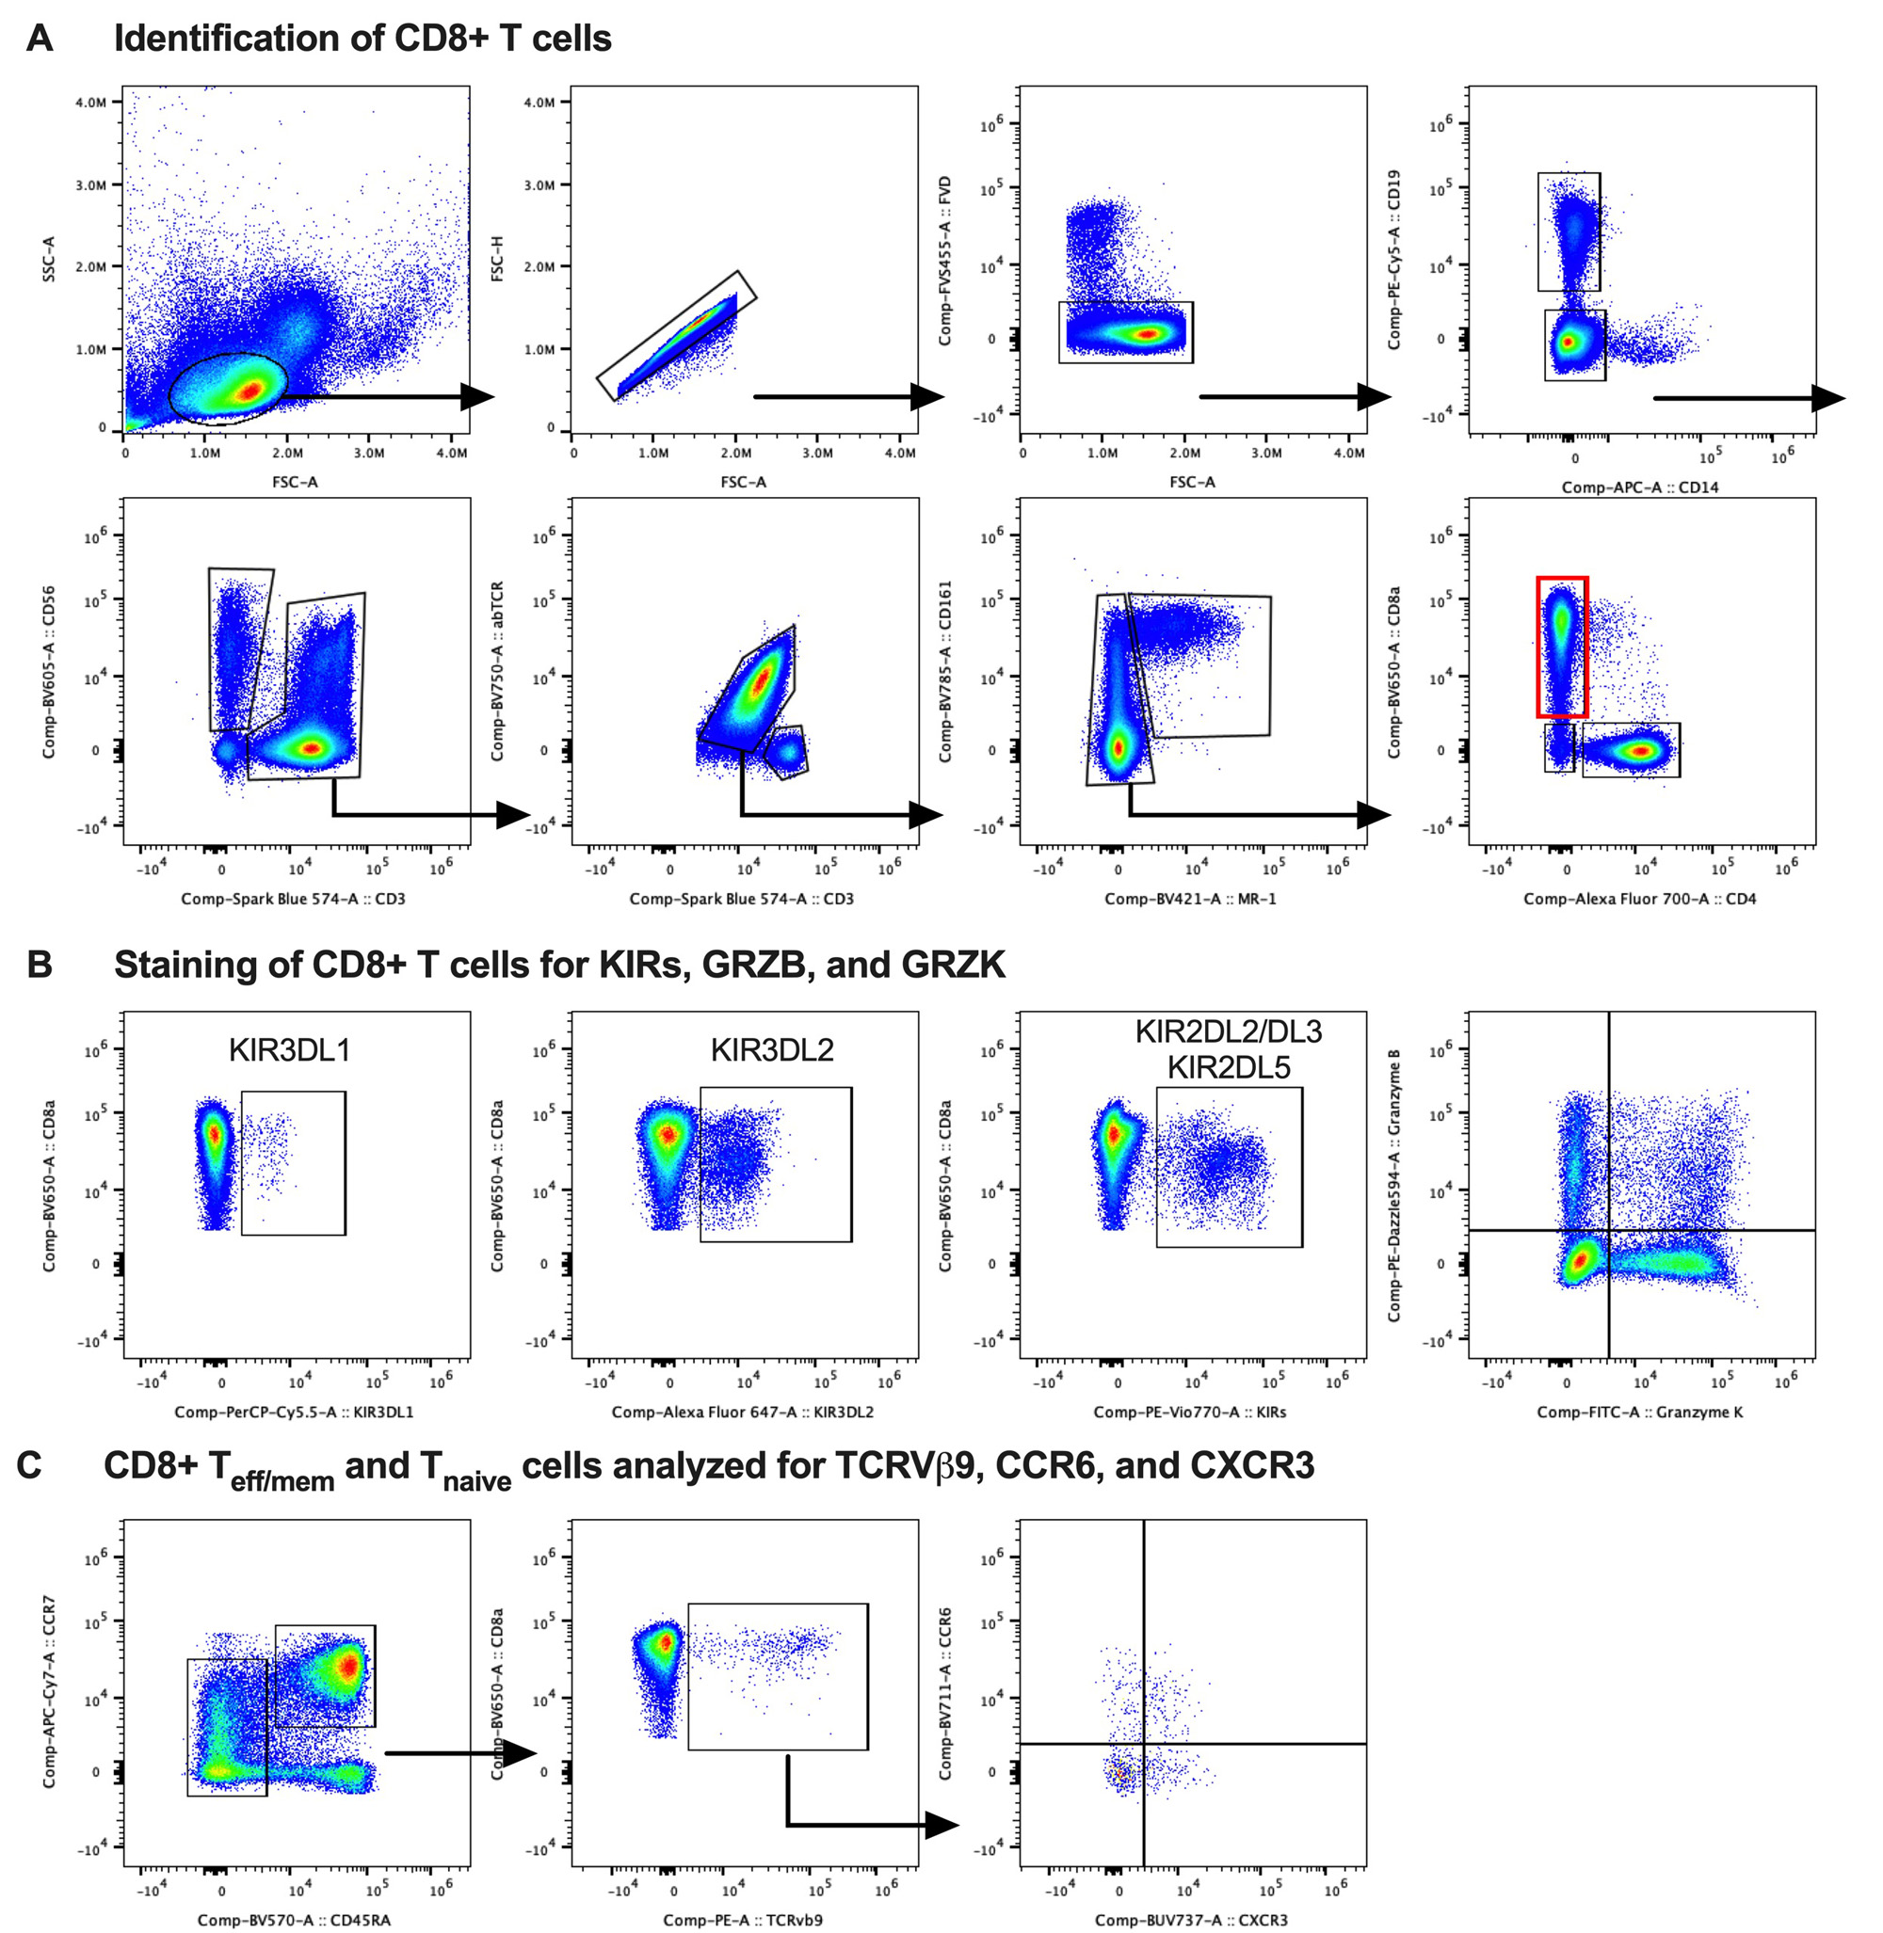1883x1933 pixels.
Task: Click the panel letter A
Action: click(x=39, y=39)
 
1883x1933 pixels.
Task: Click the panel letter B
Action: click(x=39, y=964)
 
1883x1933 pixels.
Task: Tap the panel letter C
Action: click(x=30, y=1464)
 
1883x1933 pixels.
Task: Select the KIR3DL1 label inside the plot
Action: click(x=289, y=1049)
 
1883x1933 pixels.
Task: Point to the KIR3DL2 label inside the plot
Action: click(x=771, y=1049)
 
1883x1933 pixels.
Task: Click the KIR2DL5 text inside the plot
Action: click(x=1229, y=1067)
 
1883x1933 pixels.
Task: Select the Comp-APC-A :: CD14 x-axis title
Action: click(x=1640, y=487)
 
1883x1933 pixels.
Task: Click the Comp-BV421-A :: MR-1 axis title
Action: click(x=1191, y=899)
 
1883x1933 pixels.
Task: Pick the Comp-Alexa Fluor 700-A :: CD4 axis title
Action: click(x=1640, y=899)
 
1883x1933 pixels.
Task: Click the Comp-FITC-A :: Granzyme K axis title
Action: click(x=1640, y=1412)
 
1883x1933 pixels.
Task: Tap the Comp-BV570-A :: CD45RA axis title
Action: click(x=294, y=1920)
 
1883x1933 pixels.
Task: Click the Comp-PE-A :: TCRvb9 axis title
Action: click(x=743, y=1920)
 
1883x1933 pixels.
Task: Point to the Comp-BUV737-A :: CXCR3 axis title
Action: click(x=1191, y=1920)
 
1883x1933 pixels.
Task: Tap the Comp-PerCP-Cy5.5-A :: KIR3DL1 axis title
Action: click(x=294, y=1412)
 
